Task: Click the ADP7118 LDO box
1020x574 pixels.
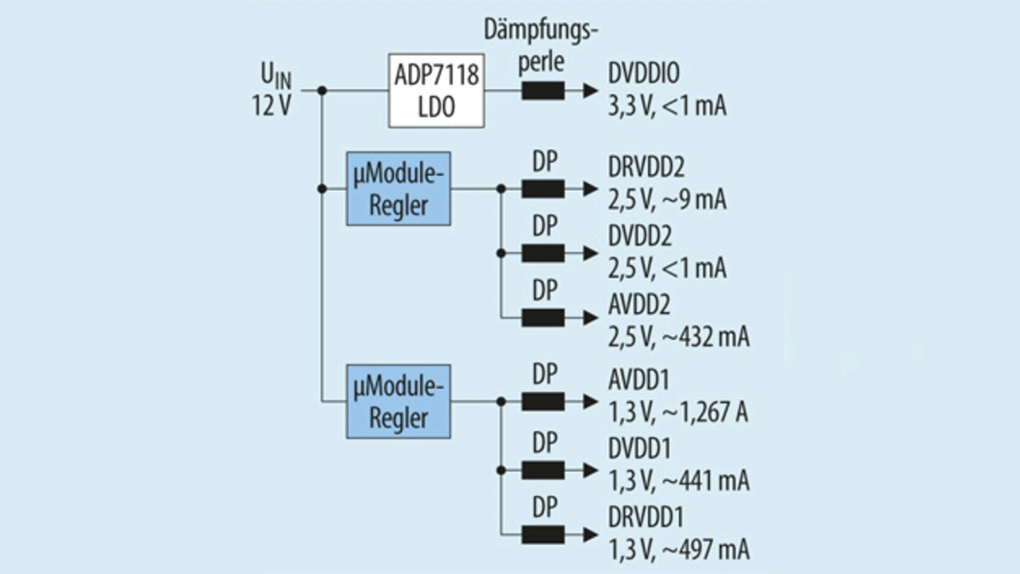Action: (x=436, y=91)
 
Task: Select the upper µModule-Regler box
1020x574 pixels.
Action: (x=398, y=189)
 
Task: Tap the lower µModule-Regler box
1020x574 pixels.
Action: (x=398, y=401)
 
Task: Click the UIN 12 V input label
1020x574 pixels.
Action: (x=272, y=90)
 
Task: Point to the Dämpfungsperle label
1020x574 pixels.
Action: (x=541, y=45)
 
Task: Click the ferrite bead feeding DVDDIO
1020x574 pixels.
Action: (x=543, y=91)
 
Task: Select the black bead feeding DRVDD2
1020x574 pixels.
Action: (x=543, y=189)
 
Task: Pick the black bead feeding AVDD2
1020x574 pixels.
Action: (x=543, y=318)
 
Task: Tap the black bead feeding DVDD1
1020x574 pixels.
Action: (x=543, y=470)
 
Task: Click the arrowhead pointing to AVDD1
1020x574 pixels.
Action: (x=590, y=401)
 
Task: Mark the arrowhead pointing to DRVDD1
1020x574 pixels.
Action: (x=590, y=534)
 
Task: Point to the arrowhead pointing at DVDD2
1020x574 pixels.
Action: (x=590, y=253)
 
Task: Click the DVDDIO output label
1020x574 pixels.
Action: (x=644, y=72)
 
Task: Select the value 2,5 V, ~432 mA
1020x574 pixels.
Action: (x=678, y=337)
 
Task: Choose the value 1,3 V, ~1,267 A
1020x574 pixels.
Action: (x=678, y=412)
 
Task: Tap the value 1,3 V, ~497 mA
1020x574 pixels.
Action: (x=678, y=549)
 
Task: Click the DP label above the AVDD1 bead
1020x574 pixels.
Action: (x=545, y=374)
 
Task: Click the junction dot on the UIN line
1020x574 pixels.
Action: (x=322, y=91)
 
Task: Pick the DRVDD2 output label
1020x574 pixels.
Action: (x=646, y=167)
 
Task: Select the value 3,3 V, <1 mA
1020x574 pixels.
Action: (x=667, y=106)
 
